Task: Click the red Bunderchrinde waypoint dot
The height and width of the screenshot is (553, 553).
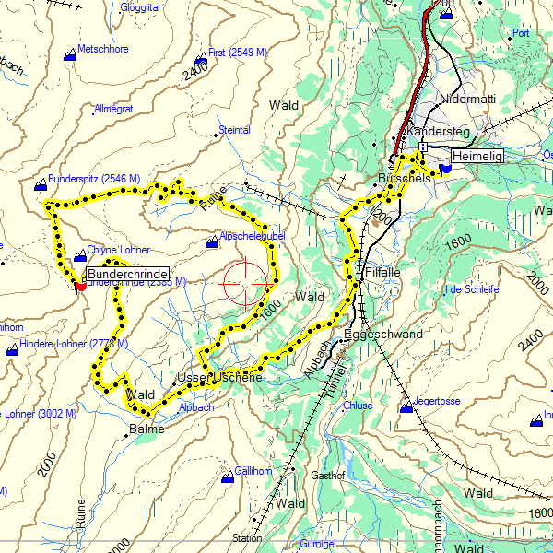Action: [x=81, y=287]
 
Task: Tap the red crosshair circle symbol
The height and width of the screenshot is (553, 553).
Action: [x=244, y=283]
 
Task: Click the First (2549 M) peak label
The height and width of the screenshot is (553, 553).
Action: [x=237, y=53]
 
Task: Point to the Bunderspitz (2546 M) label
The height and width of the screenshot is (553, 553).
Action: [x=93, y=178]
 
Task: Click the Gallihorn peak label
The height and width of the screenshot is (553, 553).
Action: [x=251, y=471]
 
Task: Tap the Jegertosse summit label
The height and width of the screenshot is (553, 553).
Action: [x=437, y=402]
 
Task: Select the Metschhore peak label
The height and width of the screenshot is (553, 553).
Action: [x=103, y=49]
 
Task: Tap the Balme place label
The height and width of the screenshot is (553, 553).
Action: [x=147, y=429]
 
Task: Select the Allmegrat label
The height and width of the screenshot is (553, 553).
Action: [x=113, y=110]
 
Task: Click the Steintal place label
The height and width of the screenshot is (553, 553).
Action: [x=234, y=131]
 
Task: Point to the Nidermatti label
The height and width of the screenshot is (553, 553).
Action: [x=467, y=99]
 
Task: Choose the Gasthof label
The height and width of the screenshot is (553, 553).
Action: [x=327, y=476]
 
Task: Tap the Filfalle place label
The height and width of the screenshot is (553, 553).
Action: [x=382, y=274]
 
